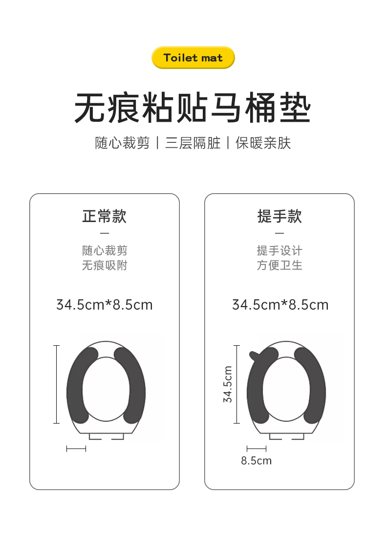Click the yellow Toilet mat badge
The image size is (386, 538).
[193, 57]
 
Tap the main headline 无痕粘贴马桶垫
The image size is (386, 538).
[193, 108]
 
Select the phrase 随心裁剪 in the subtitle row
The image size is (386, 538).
[122, 143]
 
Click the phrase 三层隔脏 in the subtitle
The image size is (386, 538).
[193, 143]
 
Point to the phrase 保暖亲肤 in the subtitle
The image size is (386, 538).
[263, 143]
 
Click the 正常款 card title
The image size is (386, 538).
[105, 217]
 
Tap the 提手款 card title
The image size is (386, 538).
[280, 217]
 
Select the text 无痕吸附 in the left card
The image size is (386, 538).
[105, 265]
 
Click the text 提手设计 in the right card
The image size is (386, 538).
[280, 250]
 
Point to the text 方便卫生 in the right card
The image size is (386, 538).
[280, 265]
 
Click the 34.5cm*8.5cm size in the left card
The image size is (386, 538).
[105, 305]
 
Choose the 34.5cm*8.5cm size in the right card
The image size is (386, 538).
[280, 305]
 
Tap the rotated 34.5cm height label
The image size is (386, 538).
[228, 384]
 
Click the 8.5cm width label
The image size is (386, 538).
[257, 460]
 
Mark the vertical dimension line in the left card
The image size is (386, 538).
[57, 384]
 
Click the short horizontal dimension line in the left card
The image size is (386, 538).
[76, 448]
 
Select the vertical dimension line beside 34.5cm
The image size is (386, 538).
[236, 384]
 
